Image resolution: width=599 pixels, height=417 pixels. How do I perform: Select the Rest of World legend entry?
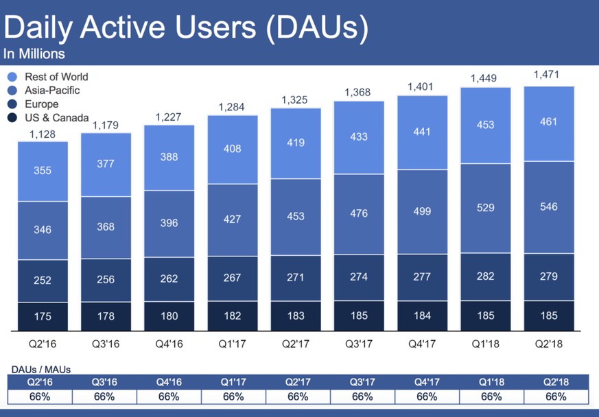pyautogui.click(x=56, y=77)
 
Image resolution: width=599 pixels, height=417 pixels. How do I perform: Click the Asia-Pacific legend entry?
pyautogui.click(x=52, y=91)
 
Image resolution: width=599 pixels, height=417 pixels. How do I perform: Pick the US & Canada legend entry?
pyautogui.click(x=56, y=118)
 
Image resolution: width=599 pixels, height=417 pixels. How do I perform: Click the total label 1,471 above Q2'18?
pyautogui.click(x=546, y=74)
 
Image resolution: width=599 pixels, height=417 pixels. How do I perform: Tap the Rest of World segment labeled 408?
pyautogui.click(x=233, y=149)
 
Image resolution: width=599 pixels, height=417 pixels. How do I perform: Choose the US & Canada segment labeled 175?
pyautogui.click(x=42, y=315)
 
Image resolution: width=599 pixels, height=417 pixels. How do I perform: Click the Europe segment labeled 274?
pyautogui.click(x=359, y=276)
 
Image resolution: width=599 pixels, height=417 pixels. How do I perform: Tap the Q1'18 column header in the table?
pyautogui.click(x=491, y=382)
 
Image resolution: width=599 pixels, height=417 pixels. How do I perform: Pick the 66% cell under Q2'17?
pyautogui.click(x=298, y=396)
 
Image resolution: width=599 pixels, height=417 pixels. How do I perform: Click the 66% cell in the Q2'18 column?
pyautogui.click(x=555, y=396)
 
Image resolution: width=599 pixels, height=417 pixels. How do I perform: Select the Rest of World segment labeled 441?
pyautogui.click(x=422, y=132)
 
